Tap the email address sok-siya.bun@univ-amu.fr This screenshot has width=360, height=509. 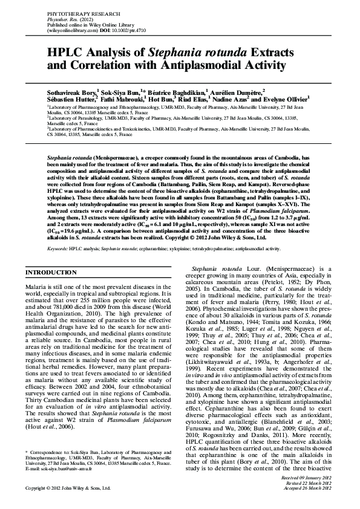coord(64,468)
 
